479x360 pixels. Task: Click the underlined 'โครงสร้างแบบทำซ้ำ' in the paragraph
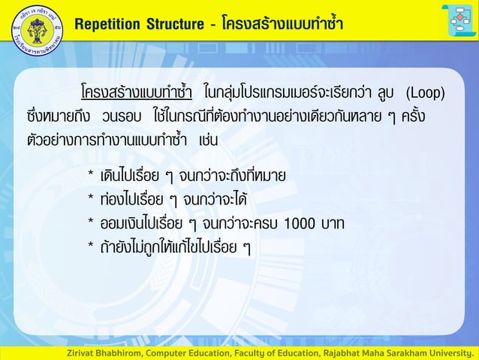[x=136, y=95]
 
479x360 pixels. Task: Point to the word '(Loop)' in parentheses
[x=425, y=95]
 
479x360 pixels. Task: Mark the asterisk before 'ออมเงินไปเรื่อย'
[x=91, y=223]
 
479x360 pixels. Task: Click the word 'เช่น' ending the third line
[x=209, y=141]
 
